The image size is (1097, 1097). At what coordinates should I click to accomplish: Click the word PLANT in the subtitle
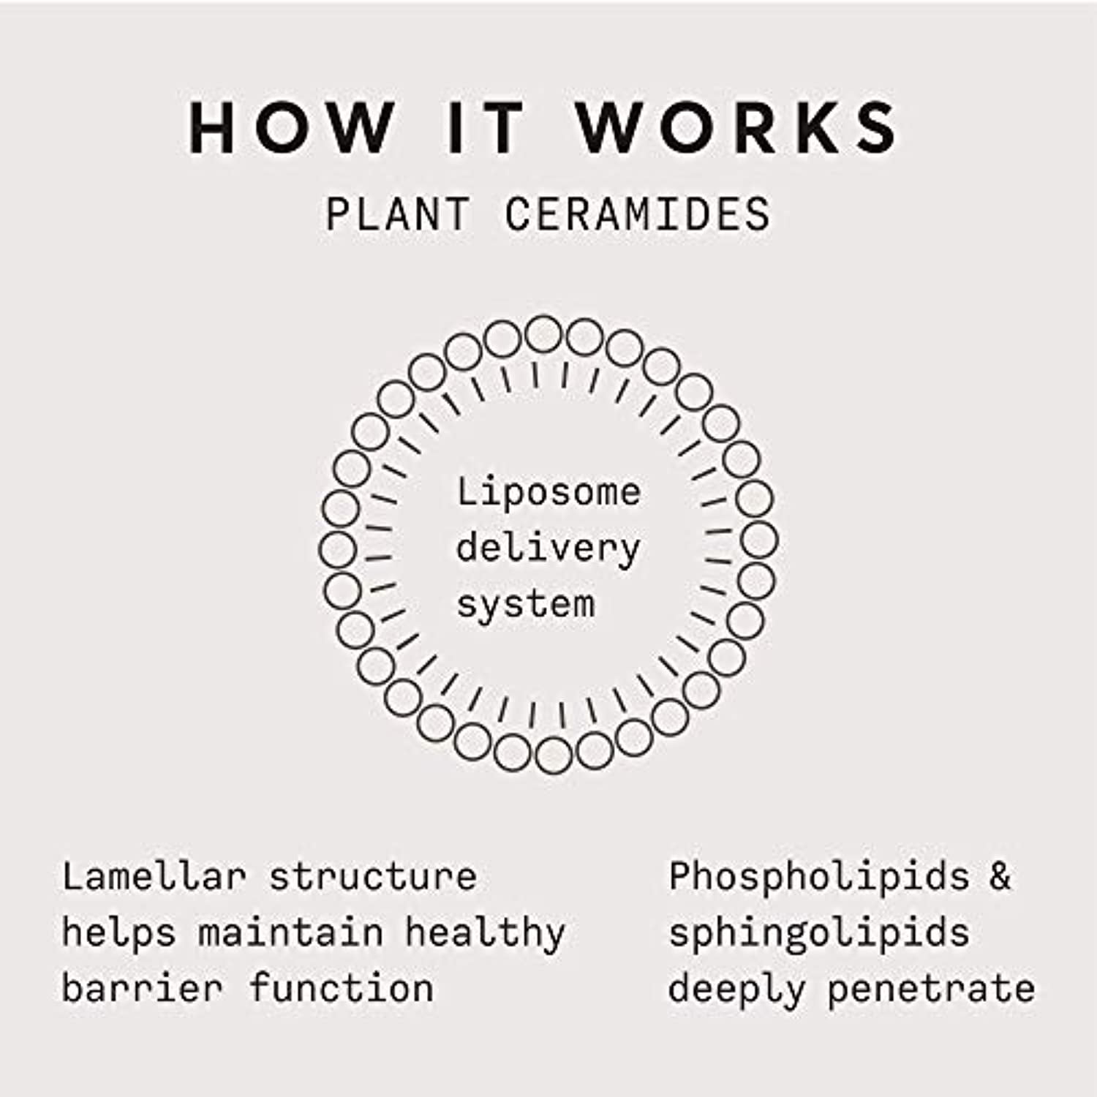(396, 214)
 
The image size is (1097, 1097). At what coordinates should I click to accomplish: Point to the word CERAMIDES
(637, 214)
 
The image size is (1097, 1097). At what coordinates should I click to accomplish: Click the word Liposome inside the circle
(548, 491)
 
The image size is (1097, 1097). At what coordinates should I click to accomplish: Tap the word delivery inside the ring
(548, 548)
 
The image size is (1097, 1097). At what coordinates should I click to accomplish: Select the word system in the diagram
(526, 605)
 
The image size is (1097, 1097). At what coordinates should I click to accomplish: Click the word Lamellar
(154, 875)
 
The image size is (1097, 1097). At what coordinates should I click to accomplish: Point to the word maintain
(291, 932)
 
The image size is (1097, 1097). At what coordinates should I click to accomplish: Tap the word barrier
(143, 988)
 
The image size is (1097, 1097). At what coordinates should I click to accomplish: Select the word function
(342, 988)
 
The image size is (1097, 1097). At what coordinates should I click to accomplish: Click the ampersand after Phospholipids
(1000, 876)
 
